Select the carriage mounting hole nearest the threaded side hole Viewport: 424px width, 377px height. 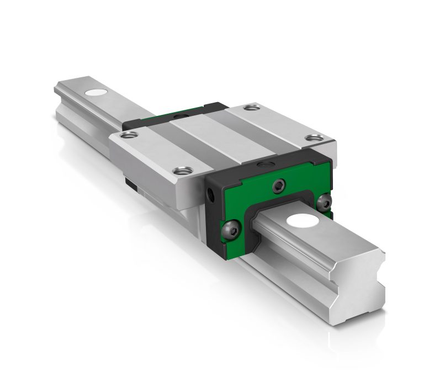point(178,171)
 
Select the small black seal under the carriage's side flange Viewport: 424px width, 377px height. point(129,182)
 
